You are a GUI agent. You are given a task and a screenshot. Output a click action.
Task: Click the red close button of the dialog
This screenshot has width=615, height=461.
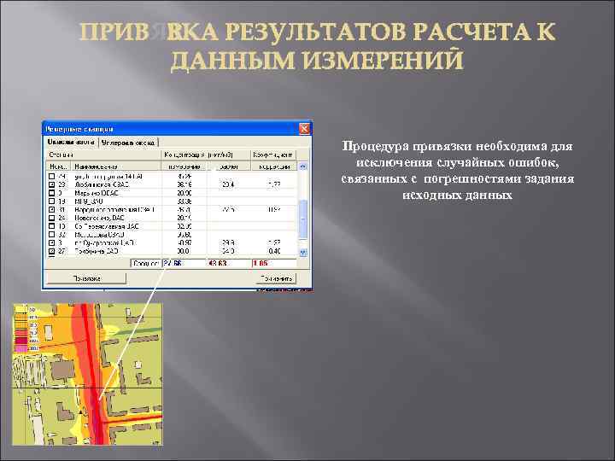click(305, 127)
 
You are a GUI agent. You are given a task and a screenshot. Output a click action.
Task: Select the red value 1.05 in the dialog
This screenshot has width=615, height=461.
click(261, 263)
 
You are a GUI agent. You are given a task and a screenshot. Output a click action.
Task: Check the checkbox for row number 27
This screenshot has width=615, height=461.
click(52, 252)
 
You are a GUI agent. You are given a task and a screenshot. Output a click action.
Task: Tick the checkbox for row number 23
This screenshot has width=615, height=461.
click(52, 184)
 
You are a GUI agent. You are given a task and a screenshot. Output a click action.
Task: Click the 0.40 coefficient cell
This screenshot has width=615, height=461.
click(274, 252)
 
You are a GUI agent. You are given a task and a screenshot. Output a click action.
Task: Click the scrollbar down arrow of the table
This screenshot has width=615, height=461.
click(303, 254)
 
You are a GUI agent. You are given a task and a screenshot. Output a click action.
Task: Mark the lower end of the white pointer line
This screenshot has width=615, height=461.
click(99, 400)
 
